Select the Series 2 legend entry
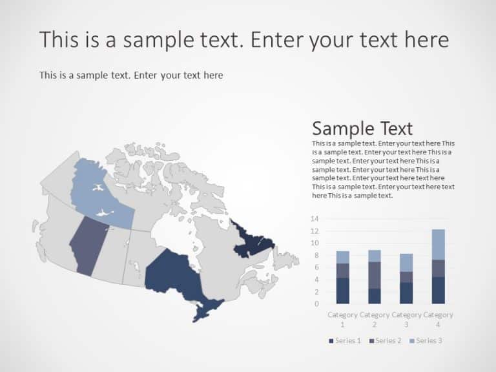386,340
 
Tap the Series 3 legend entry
427,340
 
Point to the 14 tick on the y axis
315,219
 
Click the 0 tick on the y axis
316,304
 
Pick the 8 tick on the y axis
316,255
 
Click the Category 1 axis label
342,319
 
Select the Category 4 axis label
438,319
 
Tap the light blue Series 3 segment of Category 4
438,244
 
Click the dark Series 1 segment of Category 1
342,291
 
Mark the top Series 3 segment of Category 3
406,262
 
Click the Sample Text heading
362,128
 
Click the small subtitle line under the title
131,76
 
